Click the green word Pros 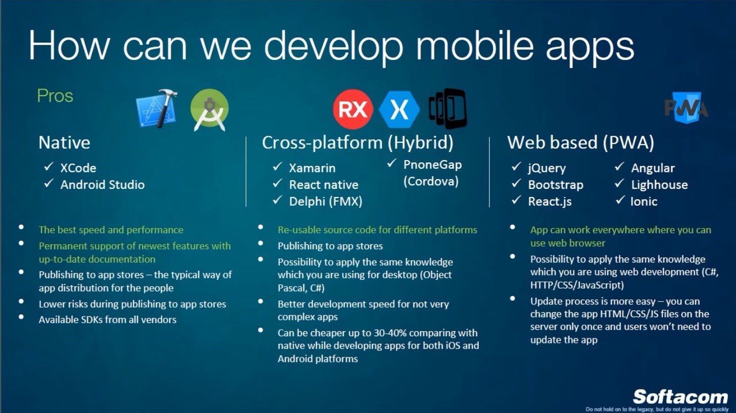(x=55, y=96)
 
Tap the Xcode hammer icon (x=157, y=108)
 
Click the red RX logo (x=353, y=109)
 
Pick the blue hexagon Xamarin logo (x=399, y=110)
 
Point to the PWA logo (x=686, y=108)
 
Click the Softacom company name (x=680, y=397)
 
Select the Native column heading (x=64, y=143)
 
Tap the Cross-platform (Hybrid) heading (x=358, y=143)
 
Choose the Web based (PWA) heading (x=581, y=143)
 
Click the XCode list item (x=78, y=168)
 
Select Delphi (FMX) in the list (x=326, y=201)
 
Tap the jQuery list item (x=547, y=168)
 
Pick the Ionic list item (x=643, y=201)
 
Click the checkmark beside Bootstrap (x=516, y=183)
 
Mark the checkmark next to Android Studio (x=49, y=183)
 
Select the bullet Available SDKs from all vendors (x=107, y=320)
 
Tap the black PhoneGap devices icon (x=448, y=108)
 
